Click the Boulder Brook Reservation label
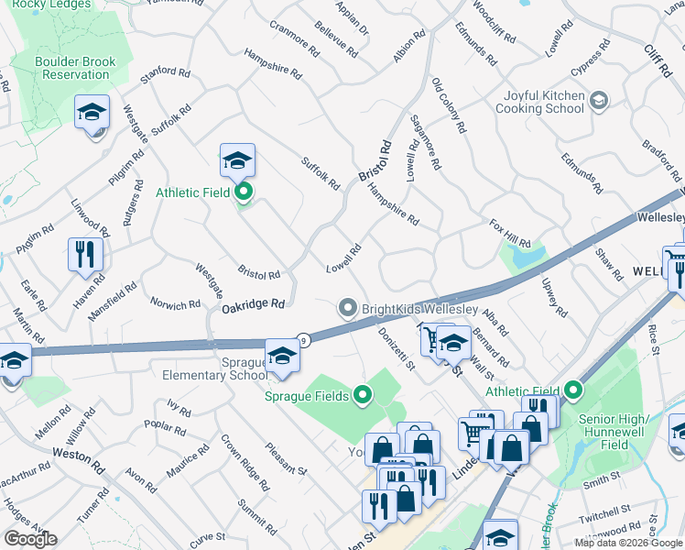(x=76, y=67)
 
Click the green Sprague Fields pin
(x=363, y=396)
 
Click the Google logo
(x=30, y=538)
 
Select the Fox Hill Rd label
(x=510, y=233)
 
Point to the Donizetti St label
(x=397, y=350)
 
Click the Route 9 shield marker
(x=304, y=340)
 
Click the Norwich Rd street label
(x=175, y=304)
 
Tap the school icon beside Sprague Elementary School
(x=282, y=357)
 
